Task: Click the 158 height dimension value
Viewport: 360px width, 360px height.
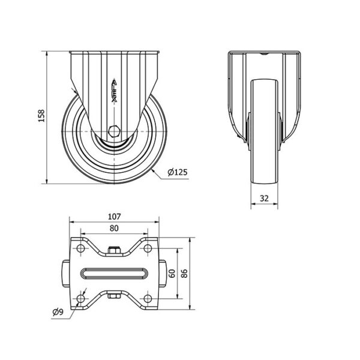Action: (41, 116)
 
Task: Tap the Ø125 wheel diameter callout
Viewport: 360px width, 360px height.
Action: (178, 172)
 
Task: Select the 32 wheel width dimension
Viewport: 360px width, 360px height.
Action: (264, 198)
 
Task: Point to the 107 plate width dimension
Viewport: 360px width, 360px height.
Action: (114, 217)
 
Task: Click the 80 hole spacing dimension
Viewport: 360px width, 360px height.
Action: (114, 228)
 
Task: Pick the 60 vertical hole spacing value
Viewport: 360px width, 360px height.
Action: (172, 274)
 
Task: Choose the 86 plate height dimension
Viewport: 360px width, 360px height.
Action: (184, 274)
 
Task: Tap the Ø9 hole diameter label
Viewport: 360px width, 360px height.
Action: (58, 312)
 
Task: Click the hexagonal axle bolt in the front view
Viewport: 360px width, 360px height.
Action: (114, 131)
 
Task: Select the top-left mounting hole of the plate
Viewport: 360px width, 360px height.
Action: (80, 248)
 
